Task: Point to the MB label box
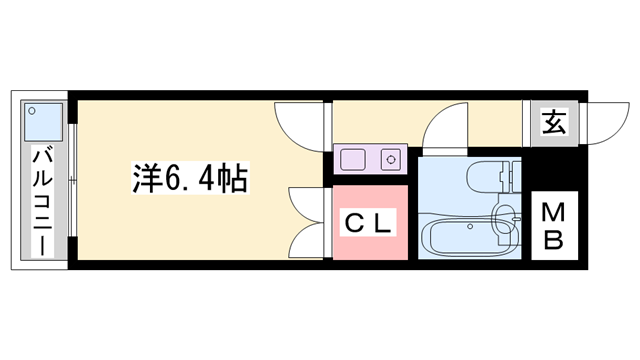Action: [553, 226]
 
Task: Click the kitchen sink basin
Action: [354, 157]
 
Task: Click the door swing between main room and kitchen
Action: [299, 124]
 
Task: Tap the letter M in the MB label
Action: [553, 212]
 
